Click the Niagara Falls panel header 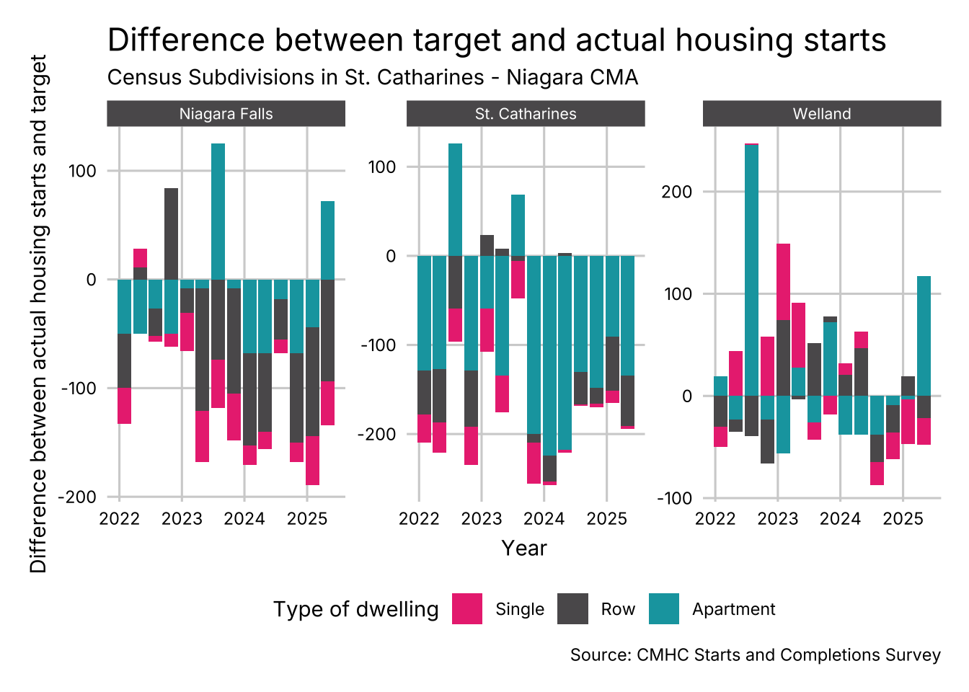pyautogui.click(x=226, y=114)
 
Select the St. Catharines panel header pyautogui.click(x=526, y=114)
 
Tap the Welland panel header pyautogui.click(x=822, y=114)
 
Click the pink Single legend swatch pyautogui.click(x=467, y=608)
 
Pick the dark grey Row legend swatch pyautogui.click(x=573, y=608)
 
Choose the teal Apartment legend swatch pyautogui.click(x=664, y=608)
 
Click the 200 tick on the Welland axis pyautogui.click(x=676, y=192)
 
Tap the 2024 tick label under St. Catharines pyautogui.click(x=544, y=519)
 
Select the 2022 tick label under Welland pyautogui.click(x=715, y=519)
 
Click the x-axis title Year pyautogui.click(x=524, y=549)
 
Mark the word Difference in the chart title pyautogui.click(x=185, y=40)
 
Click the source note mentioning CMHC pyautogui.click(x=755, y=655)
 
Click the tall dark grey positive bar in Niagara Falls pyautogui.click(x=171, y=234)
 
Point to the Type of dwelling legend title pyautogui.click(x=355, y=609)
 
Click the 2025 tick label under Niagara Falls pyautogui.click(x=307, y=519)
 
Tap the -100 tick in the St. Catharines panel pyautogui.click(x=379, y=345)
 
